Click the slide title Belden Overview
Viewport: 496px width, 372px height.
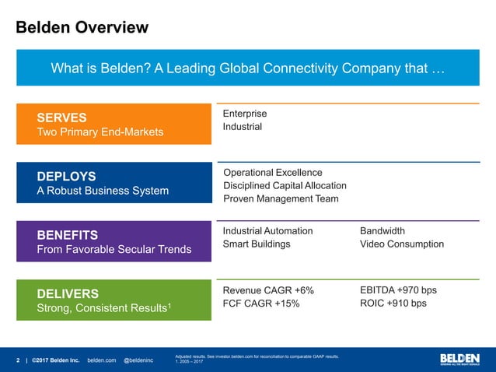82,29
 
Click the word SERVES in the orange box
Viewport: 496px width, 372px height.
61,118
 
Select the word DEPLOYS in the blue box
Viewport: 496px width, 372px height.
66,176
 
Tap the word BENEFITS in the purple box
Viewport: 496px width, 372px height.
67,234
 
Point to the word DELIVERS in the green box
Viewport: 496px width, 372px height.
68,293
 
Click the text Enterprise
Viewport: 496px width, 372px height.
245,114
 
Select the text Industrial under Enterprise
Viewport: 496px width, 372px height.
243,127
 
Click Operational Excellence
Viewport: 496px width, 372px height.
272,172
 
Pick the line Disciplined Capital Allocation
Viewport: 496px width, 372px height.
285,185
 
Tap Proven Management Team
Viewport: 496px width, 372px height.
281,198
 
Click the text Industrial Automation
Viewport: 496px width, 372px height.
267,231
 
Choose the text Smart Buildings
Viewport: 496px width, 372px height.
257,244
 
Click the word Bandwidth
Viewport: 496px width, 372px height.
382,231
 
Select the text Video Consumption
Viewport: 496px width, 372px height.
402,244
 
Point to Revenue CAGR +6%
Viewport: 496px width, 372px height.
268,290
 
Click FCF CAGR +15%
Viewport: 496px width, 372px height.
261,304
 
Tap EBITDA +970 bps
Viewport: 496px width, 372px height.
398,290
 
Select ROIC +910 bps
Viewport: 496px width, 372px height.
393,304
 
